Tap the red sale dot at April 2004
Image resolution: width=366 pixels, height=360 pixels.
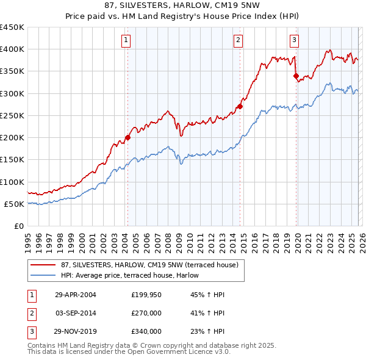[x=127, y=137]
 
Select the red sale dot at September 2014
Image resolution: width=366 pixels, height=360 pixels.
[x=240, y=106]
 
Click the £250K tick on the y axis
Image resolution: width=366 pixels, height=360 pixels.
[x=12, y=115]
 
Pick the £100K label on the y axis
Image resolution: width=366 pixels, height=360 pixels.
[x=12, y=182]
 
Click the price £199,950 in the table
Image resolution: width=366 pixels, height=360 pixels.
[x=146, y=295]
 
